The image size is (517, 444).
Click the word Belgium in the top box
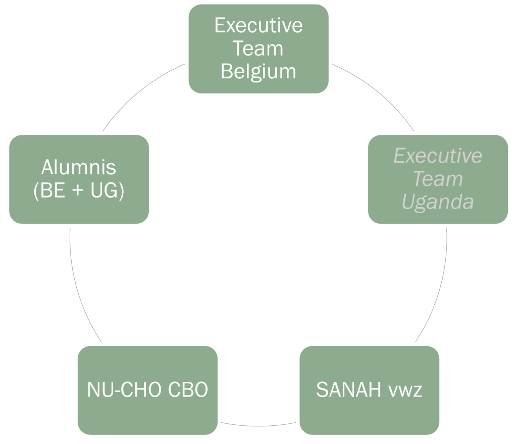(258, 72)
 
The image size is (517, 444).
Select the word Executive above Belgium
(258, 26)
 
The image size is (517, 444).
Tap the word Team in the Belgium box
(258, 49)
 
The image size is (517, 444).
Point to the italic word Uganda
(438, 202)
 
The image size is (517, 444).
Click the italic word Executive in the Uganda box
(438, 156)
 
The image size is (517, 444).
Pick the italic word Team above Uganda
(438, 179)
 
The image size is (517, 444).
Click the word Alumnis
(78, 167)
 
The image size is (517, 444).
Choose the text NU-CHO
(125, 390)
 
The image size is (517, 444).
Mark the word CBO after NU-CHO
(187, 390)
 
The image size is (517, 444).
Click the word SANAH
(348, 390)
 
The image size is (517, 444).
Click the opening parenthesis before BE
(36, 191)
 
